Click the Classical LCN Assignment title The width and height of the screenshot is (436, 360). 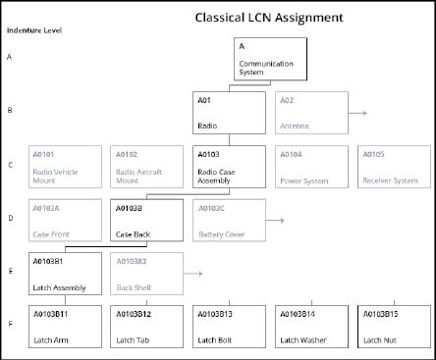(x=268, y=17)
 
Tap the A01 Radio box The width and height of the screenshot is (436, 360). (x=229, y=113)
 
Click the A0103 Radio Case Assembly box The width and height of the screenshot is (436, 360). (x=229, y=167)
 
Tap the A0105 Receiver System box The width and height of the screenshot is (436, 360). (x=392, y=167)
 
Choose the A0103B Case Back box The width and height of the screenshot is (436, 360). (x=147, y=221)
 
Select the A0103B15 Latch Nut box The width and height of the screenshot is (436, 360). (x=392, y=327)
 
